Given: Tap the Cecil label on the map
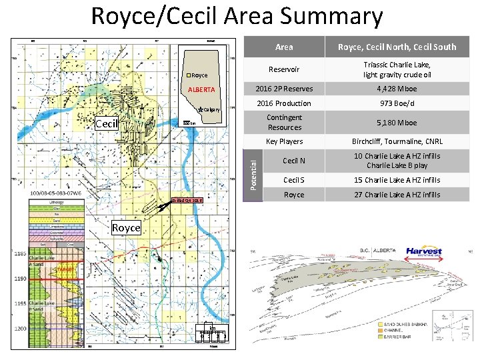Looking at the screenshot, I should tap(107, 124).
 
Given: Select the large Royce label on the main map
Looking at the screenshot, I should tap(126, 228).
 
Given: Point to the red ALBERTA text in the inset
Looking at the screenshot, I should tap(200, 89).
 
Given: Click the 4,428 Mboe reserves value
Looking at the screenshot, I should tap(397, 89).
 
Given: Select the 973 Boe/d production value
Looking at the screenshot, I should tap(397, 103).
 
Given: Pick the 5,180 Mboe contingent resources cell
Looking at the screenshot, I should tap(397, 123).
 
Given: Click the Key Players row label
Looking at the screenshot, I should tap(284, 141).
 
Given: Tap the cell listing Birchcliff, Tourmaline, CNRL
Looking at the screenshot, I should tap(397, 141).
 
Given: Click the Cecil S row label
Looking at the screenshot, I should tap(293, 180).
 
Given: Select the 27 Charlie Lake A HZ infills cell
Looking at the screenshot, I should tap(397, 195).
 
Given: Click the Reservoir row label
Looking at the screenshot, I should tap(284, 69).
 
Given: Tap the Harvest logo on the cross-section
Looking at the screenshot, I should tap(424, 254).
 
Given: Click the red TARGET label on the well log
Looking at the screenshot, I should tap(65, 269).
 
